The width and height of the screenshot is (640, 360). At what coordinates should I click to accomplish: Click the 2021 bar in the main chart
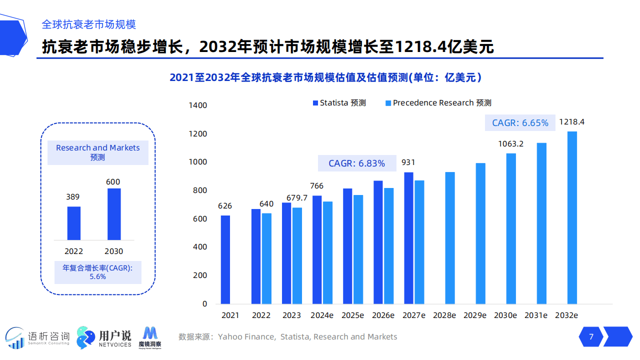click(225, 259)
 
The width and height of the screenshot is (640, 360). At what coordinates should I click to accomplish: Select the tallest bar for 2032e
click(572, 217)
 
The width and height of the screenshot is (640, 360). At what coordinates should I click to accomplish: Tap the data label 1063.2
click(510, 144)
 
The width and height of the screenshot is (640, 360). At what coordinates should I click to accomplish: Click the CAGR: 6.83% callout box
click(356, 163)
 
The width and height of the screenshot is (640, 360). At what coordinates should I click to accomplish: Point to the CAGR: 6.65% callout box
click(520, 123)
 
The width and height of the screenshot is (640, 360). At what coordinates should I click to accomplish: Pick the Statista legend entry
click(339, 103)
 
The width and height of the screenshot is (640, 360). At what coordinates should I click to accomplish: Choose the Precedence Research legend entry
click(438, 103)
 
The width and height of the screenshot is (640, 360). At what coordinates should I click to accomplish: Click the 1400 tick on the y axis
click(198, 105)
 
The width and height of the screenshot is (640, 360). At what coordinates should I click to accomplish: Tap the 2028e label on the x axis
click(444, 315)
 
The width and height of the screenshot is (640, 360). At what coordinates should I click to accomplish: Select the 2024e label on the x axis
click(322, 315)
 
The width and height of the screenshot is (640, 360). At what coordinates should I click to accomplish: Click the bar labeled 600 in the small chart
click(114, 214)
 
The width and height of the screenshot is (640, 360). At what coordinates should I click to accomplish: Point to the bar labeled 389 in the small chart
click(74, 223)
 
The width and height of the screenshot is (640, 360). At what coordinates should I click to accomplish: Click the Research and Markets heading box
click(98, 152)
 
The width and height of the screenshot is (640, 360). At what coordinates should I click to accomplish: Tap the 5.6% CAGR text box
click(98, 272)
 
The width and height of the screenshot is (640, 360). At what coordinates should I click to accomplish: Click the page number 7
click(591, 337)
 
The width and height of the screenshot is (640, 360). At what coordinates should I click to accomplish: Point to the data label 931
click(408, 162)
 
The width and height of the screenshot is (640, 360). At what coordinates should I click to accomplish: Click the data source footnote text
click(288, 337)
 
